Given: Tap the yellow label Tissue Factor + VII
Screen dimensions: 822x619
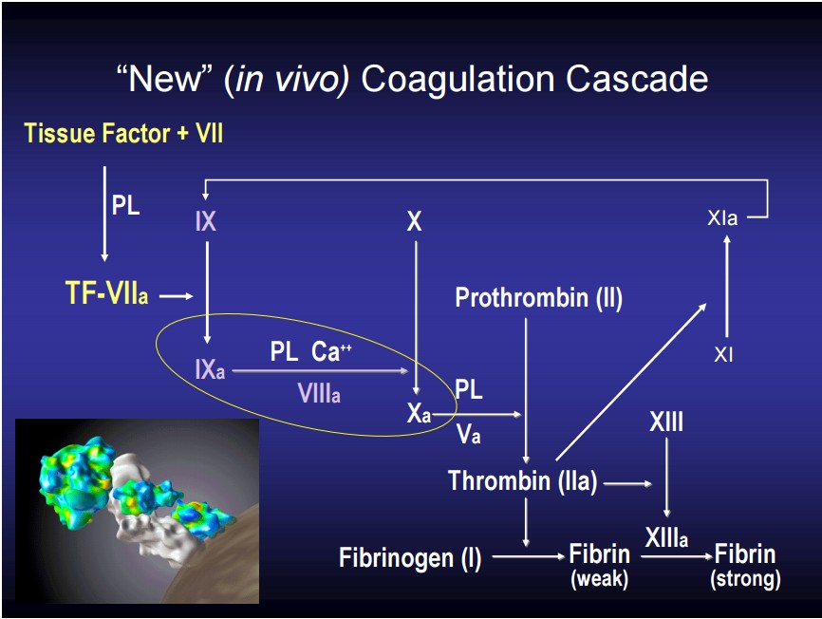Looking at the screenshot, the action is tap(123, 133).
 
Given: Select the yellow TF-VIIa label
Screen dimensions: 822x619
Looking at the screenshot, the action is tap(106, 292).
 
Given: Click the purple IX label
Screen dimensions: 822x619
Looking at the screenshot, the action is tap(205, 221).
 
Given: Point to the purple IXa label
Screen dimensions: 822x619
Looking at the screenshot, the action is tap(210, 369).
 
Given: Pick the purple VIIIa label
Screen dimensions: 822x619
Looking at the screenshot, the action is tap(319, 393).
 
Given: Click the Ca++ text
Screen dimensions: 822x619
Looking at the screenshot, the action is tap(331, 351).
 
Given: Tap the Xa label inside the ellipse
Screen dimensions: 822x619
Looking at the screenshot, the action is tap(419, 413).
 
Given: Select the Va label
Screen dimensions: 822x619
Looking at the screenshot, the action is tap(468, 434).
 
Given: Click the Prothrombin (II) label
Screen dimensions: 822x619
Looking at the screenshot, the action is tap(539, 298).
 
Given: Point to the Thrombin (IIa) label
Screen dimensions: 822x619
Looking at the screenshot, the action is tap(523, 480).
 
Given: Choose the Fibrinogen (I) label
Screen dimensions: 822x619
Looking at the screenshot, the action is tap(410, 557).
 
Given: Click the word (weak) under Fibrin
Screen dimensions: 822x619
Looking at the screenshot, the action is tap(600, 579).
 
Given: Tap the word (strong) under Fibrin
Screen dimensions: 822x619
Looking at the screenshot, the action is tap(745, 579).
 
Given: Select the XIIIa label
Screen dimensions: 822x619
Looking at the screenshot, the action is tap(666, 537).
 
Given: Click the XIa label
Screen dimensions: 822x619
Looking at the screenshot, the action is tap(722, 217).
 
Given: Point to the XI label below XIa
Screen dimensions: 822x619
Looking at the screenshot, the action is tap(723, 355).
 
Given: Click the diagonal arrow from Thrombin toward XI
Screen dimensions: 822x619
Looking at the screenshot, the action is tap(631, 382).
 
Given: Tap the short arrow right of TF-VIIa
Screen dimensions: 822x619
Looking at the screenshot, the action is tap(177, 296).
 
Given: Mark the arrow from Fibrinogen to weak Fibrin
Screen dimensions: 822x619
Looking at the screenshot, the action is tap(529, 556).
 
